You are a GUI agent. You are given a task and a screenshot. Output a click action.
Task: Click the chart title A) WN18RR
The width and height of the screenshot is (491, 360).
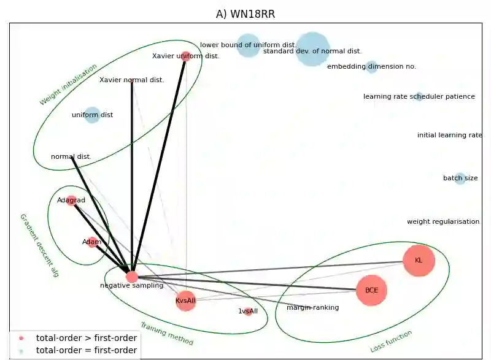(245, 14)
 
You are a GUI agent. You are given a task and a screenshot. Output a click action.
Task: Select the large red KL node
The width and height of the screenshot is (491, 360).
(419, 261)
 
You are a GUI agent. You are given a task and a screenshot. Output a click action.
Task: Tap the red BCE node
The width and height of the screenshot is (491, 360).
(371, 291)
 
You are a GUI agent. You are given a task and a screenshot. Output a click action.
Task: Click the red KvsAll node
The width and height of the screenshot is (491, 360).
(185, 301)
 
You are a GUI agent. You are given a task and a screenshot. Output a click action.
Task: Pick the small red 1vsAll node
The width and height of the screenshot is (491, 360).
(248, 312)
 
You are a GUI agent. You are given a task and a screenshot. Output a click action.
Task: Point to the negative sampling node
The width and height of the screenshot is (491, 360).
(132, 277)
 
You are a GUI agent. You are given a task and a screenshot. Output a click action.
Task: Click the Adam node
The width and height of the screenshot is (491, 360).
(92, 242)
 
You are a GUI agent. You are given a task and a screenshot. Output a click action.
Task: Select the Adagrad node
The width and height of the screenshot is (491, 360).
(71, 201)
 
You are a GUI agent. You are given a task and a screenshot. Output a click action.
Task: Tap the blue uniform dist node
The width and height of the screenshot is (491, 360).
(92, 115)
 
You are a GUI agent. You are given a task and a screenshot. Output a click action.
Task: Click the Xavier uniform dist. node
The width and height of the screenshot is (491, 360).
(186, 56)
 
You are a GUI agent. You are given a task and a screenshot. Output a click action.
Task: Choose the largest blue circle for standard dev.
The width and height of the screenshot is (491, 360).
(312, 49)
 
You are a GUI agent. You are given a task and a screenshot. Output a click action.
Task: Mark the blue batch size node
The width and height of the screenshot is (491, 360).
(460, 178)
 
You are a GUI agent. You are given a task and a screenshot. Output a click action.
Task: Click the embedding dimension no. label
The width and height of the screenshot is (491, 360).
(371, 66)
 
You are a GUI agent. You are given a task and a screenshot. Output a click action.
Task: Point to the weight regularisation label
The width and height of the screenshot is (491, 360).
(443, 222)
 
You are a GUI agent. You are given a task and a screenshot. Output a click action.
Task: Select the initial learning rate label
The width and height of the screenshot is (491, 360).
(449, 136)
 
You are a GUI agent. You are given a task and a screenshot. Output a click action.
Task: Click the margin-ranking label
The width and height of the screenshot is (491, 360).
(312, 308)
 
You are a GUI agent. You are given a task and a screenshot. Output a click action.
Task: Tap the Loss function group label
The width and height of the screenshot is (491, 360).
(391, 342)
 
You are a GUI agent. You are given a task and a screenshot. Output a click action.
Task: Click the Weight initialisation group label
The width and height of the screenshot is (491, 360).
(68, 85)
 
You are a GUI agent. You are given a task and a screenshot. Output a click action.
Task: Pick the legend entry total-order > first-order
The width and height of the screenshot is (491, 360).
(87, 337)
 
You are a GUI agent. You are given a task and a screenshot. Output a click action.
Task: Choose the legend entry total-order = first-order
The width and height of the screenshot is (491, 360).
(87, 350)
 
